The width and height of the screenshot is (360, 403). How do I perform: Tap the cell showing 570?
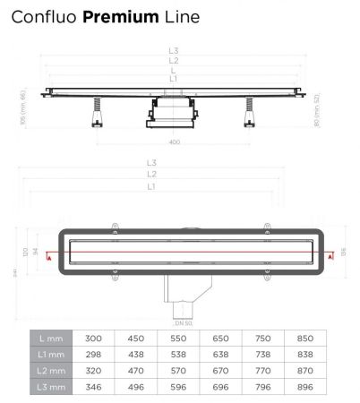pyautogui.click(x=176, y=370)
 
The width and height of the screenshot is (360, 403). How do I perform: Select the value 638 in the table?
pyautogui.click(x=219, y=355)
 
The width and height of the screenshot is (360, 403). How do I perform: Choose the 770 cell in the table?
pyautogui.click(x=263, y=370)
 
